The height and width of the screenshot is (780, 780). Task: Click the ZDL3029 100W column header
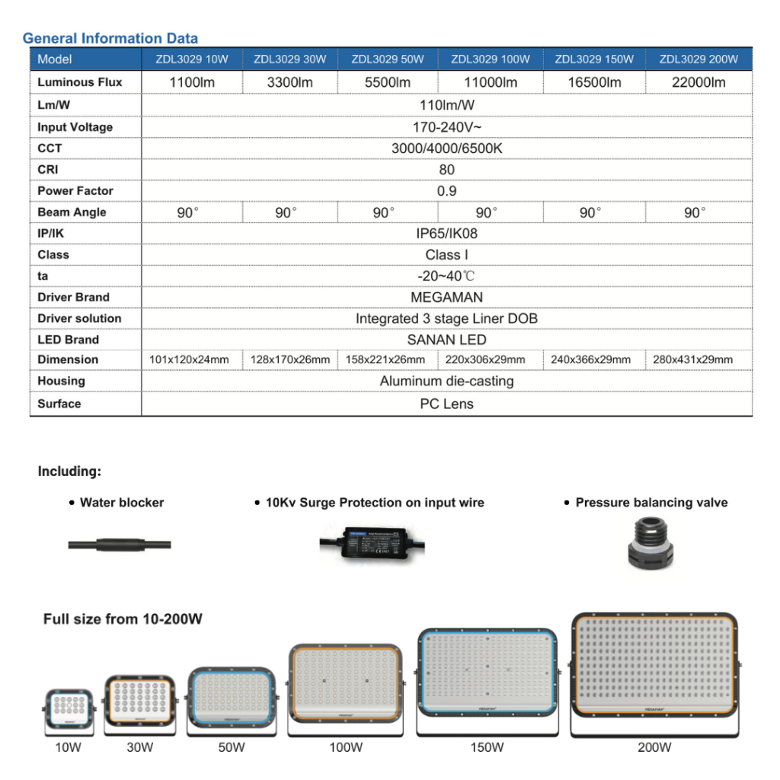coord(491,59)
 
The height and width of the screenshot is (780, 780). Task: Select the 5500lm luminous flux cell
coord(388,82)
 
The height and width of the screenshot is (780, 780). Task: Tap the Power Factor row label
coord(75,191)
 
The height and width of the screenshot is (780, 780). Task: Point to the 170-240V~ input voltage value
coord(446,127)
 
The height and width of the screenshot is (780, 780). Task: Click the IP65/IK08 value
coord(446,234)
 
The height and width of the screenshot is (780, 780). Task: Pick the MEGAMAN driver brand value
coord(446,297)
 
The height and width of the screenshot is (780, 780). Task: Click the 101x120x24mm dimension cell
coord(189,360)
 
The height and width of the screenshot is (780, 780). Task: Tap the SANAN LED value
coord(446,340)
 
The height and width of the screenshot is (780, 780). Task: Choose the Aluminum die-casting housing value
coord(446,381)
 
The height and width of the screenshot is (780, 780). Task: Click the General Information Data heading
coord(110,38)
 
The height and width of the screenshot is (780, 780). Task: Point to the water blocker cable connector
coord(120,545)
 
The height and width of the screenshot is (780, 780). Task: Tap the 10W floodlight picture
coord(69,711)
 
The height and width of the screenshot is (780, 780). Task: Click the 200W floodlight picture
coord(654,673)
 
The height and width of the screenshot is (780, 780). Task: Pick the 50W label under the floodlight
coord(232,748)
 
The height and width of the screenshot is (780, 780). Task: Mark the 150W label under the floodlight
coord(487,748)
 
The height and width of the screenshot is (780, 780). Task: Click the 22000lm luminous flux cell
coord(698,82)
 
